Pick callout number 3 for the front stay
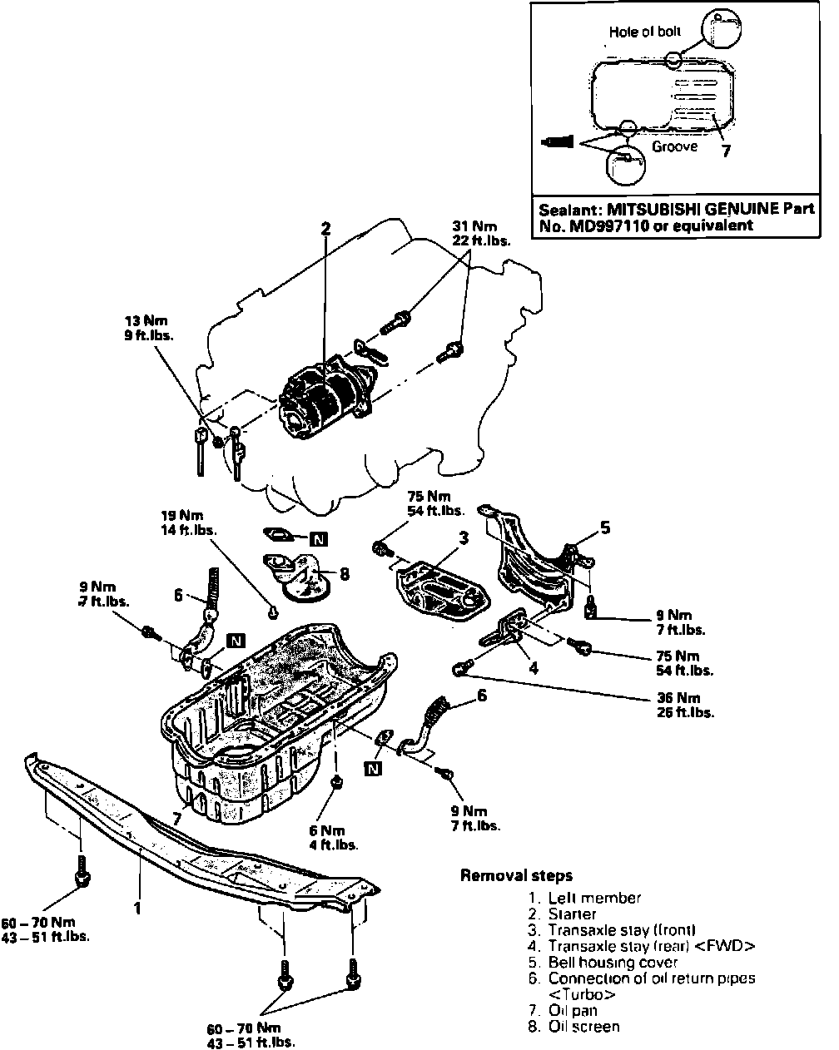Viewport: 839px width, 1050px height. pos(464,538)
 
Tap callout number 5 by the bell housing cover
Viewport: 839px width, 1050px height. pos(605,527)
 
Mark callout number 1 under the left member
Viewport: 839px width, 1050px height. pos(138,908)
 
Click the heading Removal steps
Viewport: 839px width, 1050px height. pos(516,875)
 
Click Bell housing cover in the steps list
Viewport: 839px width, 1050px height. pos(613,962)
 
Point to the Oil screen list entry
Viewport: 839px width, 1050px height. pos(583,1026)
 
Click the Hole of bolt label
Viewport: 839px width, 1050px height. pos(645,32)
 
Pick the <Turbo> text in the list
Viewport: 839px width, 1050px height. pos(582,994)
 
